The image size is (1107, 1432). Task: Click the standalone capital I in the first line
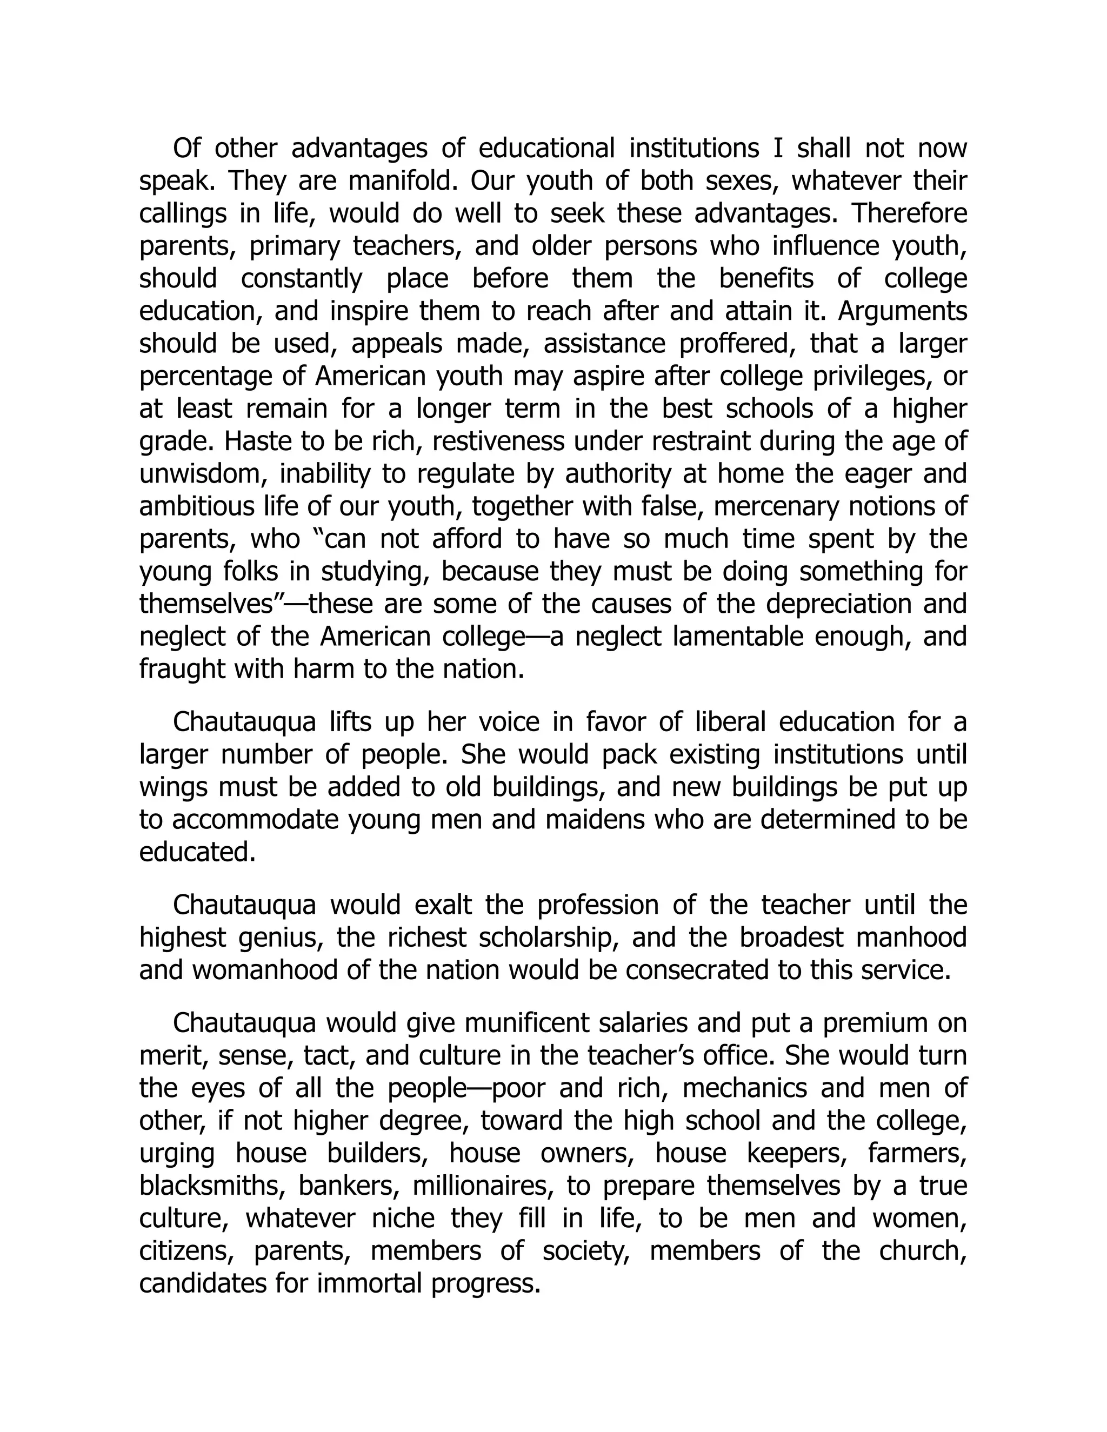pos(778,148)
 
